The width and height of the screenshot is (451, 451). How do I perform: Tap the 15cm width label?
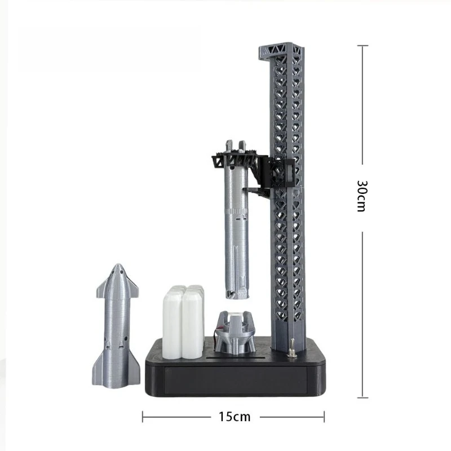pyautogui.click(x=234, y=417)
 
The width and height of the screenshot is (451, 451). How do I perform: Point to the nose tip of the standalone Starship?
pyautogui.click(x=117, y=266)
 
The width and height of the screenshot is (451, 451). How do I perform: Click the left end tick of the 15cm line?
pyautogui.click(x=143, y=417)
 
